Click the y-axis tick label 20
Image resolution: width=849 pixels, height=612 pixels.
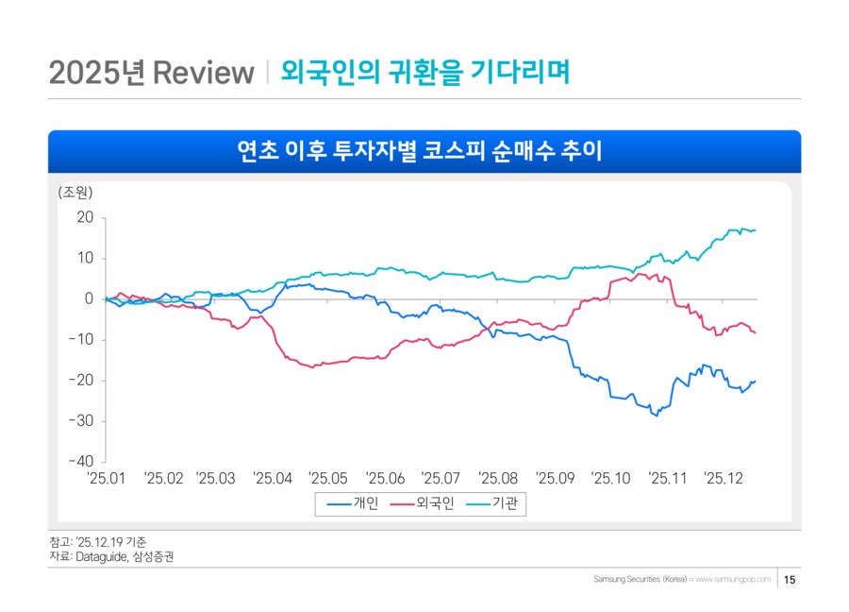click(85, 217)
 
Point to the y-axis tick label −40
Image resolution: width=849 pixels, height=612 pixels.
click(81, 462)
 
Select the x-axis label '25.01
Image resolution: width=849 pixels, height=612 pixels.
click(105, 479)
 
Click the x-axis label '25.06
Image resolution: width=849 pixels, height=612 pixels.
click(384, 479)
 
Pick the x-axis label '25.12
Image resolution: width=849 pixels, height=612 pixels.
click(724, 479)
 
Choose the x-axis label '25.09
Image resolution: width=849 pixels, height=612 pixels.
click(555, 479)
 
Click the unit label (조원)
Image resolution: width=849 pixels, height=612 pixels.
click(75, 193)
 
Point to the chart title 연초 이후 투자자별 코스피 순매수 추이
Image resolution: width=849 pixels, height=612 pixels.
click(424, 151)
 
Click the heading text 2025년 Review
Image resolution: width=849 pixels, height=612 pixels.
click(152, 73)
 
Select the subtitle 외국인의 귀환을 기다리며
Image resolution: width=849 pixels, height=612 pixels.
click(425, 73)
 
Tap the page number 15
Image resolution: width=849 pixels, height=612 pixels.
click(790, 579)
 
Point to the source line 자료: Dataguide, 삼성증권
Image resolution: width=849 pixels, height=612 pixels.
click(111, 557)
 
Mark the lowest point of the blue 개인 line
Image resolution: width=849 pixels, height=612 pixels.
click(656, 416)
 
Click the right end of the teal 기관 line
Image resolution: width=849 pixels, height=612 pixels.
click(755, 230)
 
